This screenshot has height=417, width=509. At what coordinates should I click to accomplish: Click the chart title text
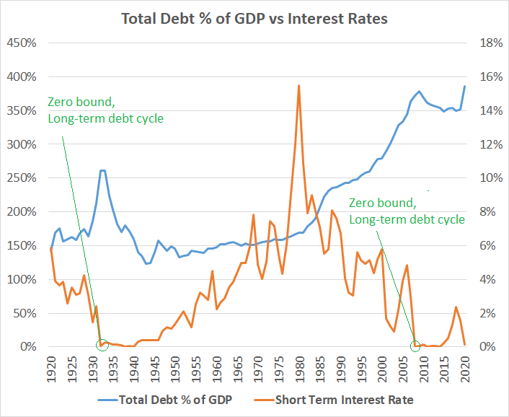254,18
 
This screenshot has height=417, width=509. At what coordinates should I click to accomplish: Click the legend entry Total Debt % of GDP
172,398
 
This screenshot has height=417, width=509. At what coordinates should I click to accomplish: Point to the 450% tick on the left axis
22,43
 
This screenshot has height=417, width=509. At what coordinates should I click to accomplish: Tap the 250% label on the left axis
22,178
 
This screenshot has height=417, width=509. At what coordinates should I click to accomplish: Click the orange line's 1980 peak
298,86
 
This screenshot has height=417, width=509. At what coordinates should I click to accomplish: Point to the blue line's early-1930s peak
102,171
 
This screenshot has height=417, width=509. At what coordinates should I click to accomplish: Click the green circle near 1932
102,345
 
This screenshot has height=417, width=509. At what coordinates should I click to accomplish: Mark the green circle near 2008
415,346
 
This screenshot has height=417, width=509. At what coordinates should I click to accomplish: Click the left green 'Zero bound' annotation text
105,110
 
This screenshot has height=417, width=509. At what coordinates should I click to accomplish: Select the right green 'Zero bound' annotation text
407,211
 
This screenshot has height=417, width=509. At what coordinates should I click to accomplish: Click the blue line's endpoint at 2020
465,86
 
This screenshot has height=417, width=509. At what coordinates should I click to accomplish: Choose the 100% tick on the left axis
22,279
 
